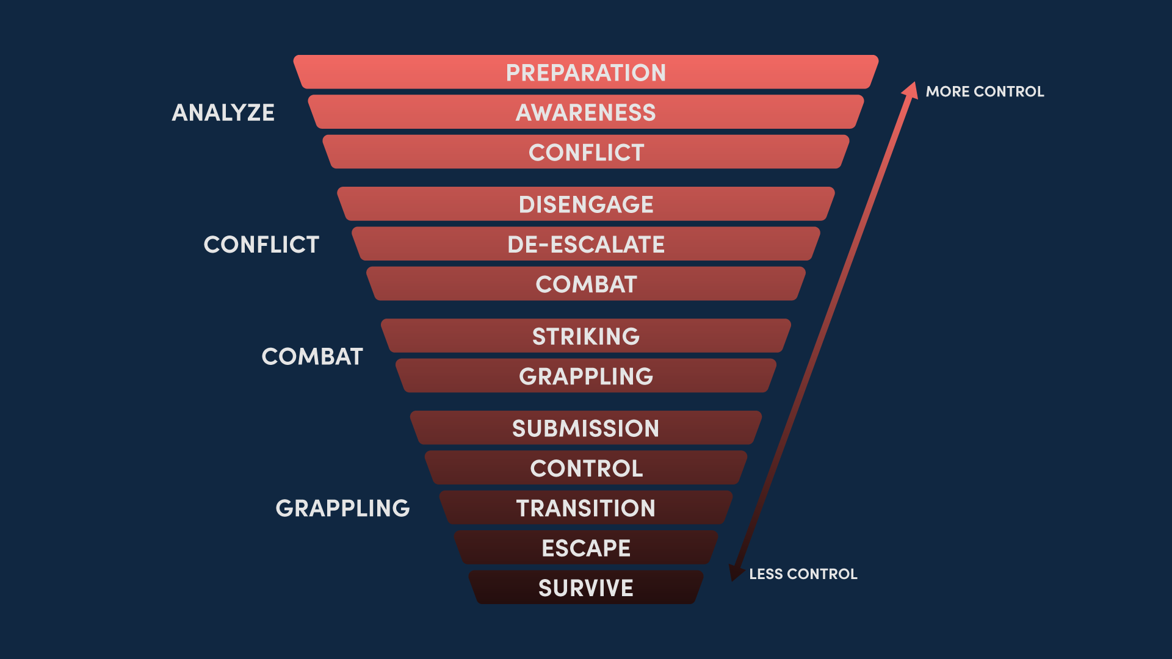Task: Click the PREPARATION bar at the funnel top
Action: [586, 73]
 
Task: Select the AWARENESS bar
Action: [586, 112]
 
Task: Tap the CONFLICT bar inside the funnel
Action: [586, 153]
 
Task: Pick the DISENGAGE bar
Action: [586, 204]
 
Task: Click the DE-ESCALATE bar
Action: [586, 244]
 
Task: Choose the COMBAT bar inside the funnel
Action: [586, 284]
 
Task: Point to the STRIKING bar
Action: [586, 336]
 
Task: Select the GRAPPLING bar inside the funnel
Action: [586, 376]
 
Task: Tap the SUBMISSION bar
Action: [586, 428]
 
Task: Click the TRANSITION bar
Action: [586, 508]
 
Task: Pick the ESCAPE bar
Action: [586, 548]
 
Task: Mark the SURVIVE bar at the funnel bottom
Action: [586, 588]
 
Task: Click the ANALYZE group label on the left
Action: [223, 112]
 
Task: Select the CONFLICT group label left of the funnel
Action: [261, 244]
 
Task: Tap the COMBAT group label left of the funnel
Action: [312, 356]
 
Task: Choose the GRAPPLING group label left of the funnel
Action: [342, 508]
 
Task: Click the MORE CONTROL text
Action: [985, 92]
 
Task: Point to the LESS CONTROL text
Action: [803, 574]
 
